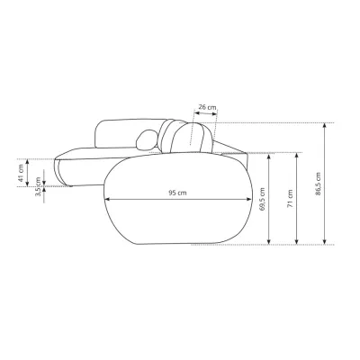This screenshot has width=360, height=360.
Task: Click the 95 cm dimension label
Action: (x=177, y=193)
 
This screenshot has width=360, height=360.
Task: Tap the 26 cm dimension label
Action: (x=207, y=107)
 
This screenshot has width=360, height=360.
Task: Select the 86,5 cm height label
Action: (x=318, y=184)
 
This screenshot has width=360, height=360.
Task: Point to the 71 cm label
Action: (x=290, y=199)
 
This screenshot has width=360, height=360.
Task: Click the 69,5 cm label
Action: (x=262, y=199)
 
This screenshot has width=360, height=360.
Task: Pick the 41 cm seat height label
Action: (x=21, y=173)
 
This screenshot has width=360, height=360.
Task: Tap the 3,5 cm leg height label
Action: (x=38, y=186)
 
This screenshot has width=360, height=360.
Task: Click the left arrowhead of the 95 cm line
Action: (x=107, y=199)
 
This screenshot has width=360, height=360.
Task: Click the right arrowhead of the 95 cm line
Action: (x=248, y=199)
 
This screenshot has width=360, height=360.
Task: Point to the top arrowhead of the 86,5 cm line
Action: (x=324, y=126)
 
